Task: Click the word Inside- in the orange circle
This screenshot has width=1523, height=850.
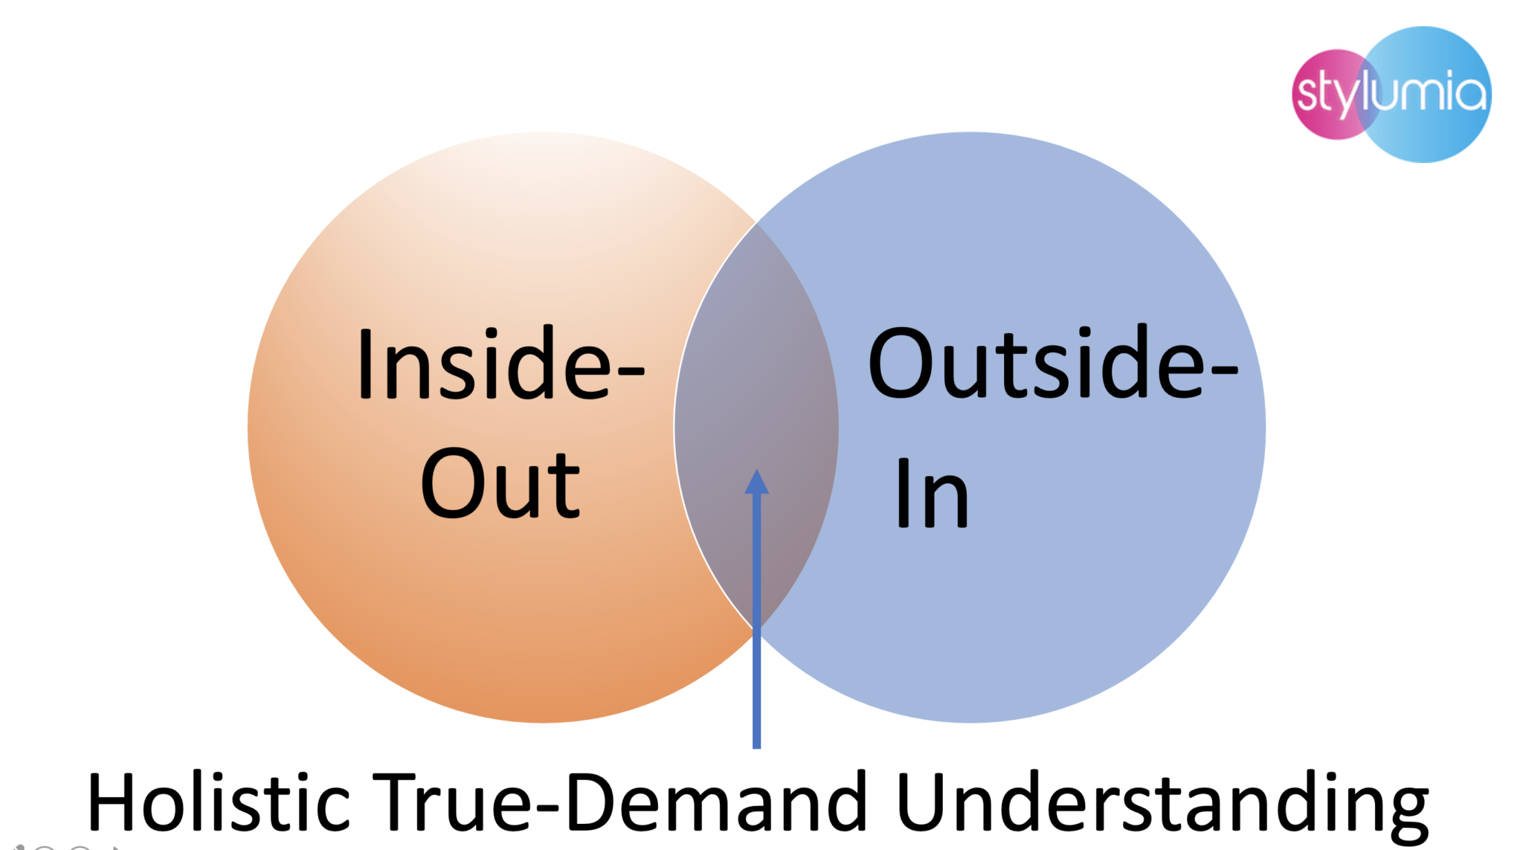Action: (500, 364)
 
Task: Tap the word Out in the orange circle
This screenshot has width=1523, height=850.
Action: (500, 483)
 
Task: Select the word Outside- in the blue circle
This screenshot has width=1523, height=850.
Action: (1052, 364)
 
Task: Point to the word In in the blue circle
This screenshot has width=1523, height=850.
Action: (932, 493)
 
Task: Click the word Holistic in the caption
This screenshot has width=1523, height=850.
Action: (218, 803)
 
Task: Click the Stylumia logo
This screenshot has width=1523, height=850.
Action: (1391, 94)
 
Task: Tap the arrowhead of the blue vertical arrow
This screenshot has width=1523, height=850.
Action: (756, 482)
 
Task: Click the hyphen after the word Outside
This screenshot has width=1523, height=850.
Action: (1224, 370)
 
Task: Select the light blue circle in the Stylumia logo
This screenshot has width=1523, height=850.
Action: (1435, 94)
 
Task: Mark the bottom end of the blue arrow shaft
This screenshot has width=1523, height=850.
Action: (756, 744)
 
